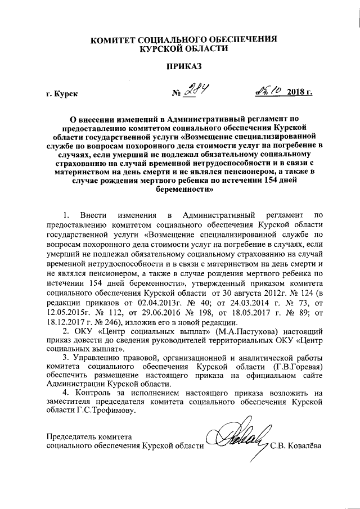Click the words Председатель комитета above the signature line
click(88, 436)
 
